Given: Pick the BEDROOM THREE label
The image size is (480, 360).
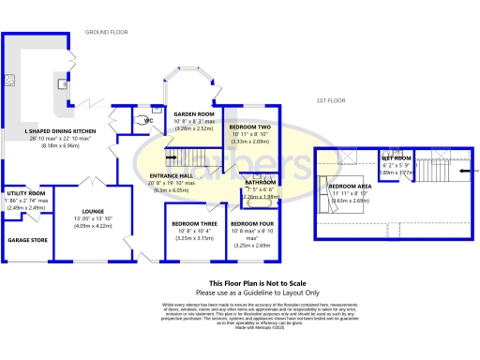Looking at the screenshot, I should [192, 223].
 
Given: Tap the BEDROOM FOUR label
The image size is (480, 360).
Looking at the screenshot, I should [250, 223].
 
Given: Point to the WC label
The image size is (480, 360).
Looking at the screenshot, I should [148, 121].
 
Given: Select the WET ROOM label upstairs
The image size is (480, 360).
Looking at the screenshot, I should [394, 158].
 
